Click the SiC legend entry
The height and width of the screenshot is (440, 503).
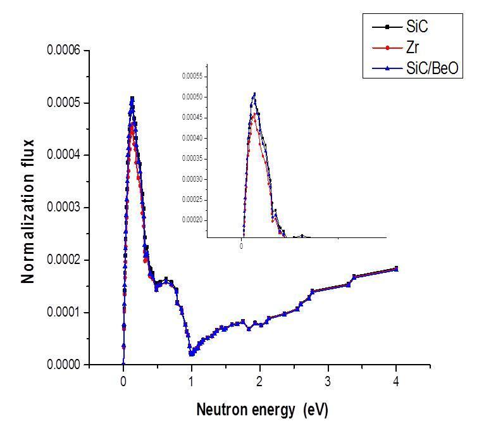click(418, 27)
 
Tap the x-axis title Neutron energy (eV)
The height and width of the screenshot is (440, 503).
click(262, 410)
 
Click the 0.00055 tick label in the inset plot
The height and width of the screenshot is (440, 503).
click(191, 77)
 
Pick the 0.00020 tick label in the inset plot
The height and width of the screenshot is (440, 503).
click(191, 220)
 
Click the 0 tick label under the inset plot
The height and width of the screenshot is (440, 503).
click(242, 246)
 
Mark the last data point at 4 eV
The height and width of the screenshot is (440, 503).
click(396, 268)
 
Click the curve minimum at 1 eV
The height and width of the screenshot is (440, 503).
click(191, 353)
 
